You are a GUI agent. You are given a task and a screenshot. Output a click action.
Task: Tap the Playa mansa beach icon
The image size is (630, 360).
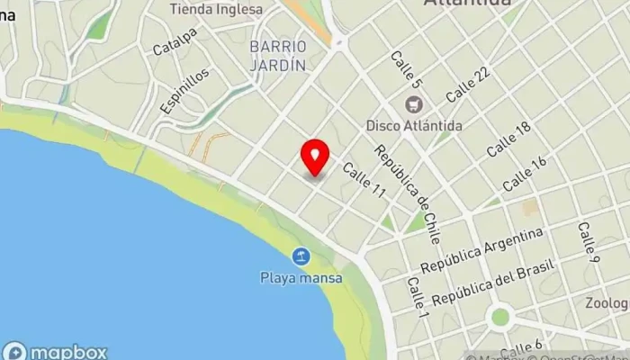click(x=301, y=257)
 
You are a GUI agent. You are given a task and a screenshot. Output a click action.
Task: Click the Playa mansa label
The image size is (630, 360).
click(x=301, y=278)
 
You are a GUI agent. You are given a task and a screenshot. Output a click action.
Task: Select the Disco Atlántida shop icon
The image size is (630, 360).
click(x=414, y=104)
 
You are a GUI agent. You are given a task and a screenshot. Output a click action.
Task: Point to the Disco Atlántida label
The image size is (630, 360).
click(x=414, y=125)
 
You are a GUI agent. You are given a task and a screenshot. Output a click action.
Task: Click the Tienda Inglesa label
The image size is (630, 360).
click(x=217, y=9)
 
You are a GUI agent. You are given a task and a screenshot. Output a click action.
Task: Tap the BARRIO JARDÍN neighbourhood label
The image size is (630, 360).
click(x=279, y=55)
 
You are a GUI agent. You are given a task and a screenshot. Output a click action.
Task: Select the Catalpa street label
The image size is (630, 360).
click(x=175, y=42)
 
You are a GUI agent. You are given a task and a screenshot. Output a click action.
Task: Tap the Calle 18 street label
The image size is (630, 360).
click(x=508, y=138)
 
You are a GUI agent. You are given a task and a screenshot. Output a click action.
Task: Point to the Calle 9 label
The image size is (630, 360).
click(x=588, y=243)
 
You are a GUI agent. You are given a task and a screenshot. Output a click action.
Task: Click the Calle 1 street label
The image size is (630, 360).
click(x=416, y=296)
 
